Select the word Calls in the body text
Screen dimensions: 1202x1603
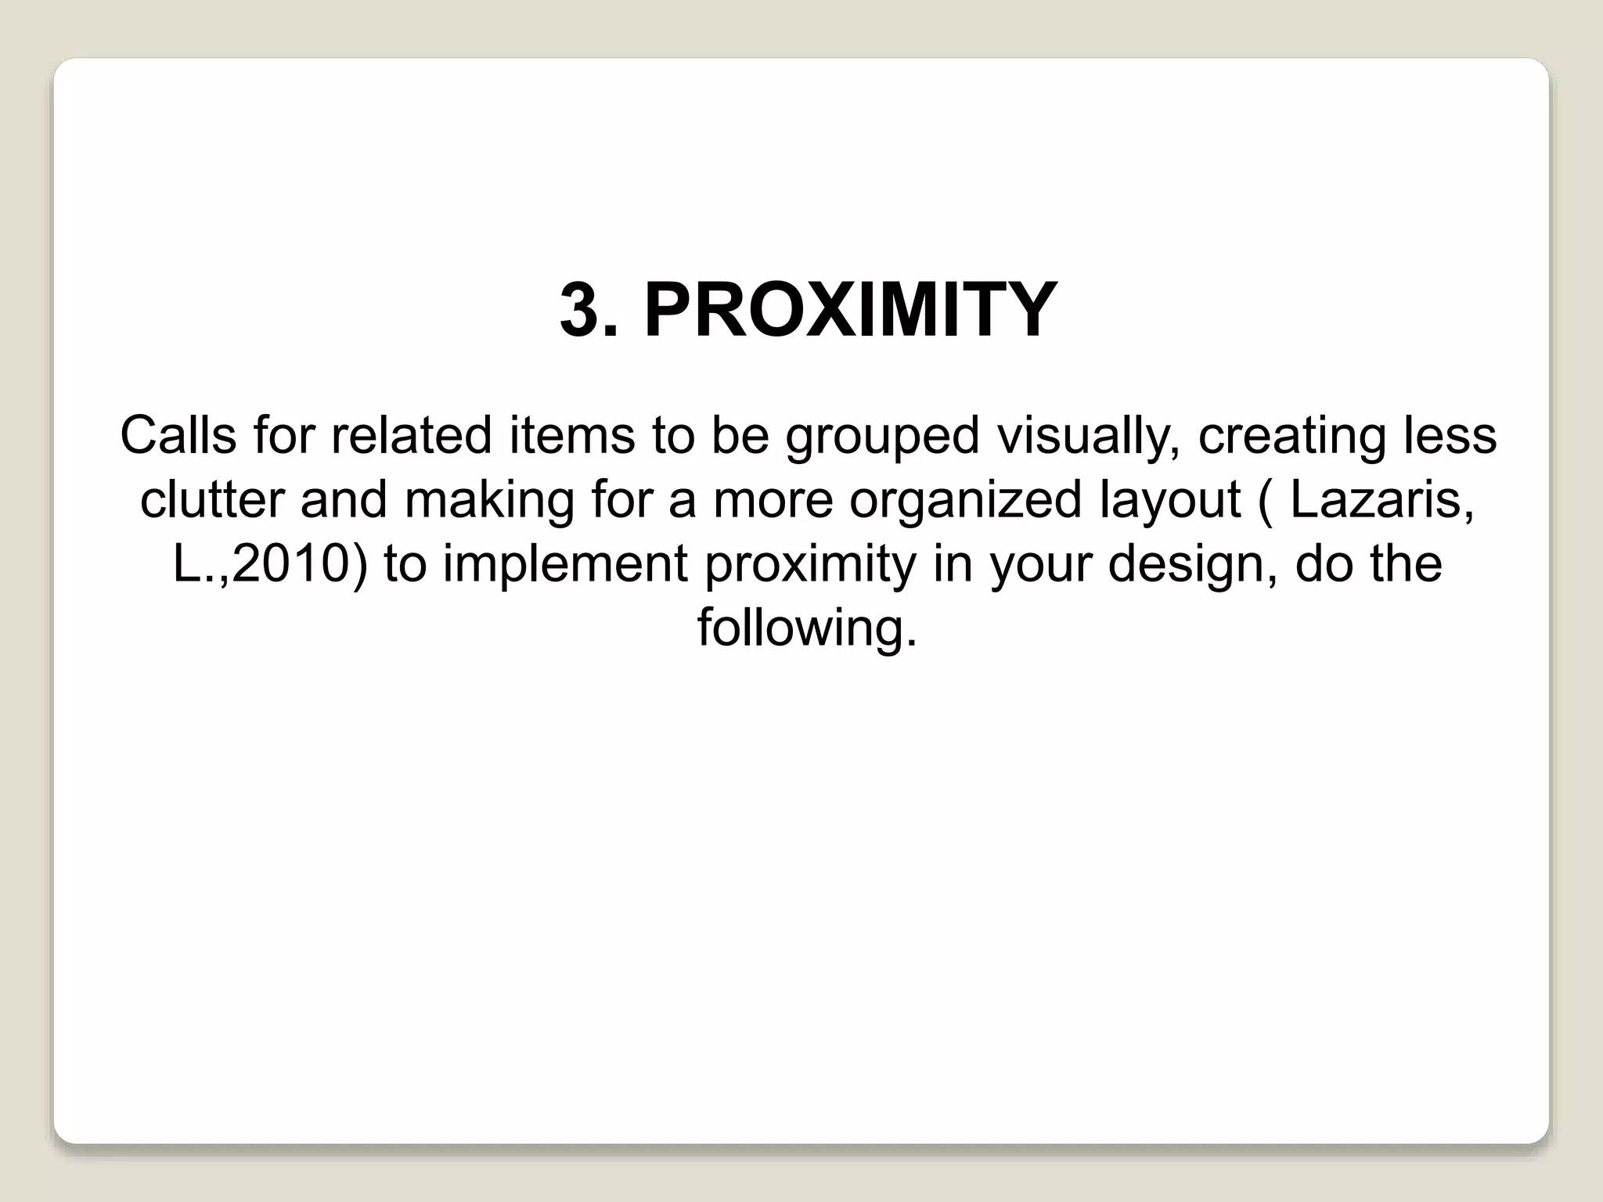[178, 435]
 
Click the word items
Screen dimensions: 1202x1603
[571, 435]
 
